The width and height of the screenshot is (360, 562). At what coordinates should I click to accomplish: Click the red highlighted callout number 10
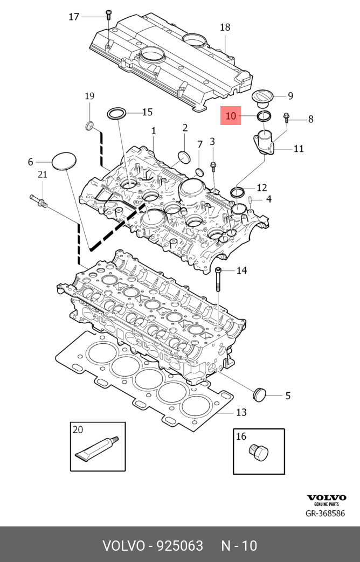(231, 116)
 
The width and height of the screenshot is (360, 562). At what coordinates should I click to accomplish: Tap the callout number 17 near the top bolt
(74, 17)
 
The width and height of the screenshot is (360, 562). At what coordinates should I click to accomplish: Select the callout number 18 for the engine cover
(225, 27)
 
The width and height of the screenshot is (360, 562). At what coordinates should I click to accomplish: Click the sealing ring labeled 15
(117, 113)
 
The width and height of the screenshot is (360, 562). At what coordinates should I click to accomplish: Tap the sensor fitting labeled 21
(40, 201)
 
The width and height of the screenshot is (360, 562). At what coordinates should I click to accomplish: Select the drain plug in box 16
(259, 453)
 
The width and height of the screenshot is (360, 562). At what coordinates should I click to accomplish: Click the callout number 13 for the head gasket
(241, 412)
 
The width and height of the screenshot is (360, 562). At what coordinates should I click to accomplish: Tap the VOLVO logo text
(327, 498)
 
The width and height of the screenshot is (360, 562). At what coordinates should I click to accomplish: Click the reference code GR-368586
(325, 514)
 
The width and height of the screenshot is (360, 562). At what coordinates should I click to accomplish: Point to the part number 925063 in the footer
(180, 546)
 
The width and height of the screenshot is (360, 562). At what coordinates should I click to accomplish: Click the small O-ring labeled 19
(89, 127)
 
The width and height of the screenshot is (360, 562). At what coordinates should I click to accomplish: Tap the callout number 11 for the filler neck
(299, 148)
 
